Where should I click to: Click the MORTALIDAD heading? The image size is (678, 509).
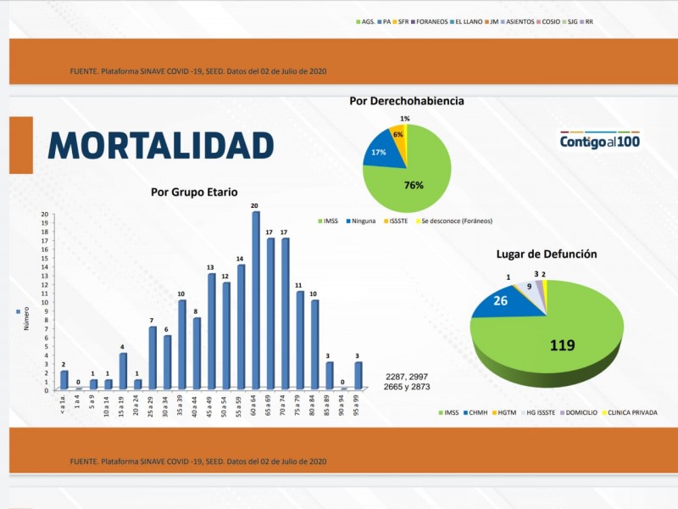[160, 145]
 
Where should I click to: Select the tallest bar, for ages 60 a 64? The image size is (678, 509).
[255, 301]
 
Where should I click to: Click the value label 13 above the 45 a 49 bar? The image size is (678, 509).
[210, 266]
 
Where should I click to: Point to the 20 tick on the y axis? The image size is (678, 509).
[45, 214]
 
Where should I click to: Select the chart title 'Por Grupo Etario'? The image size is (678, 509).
[194, 192]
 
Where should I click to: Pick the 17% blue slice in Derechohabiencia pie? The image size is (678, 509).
[378, 153]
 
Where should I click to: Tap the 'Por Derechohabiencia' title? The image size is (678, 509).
[406, 101]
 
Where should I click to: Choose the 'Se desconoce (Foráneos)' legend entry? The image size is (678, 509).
[458, 221]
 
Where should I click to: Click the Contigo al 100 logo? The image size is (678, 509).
[600, 141]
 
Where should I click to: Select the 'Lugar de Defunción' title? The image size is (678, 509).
[547, 254]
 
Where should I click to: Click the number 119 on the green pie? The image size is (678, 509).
[562, 345]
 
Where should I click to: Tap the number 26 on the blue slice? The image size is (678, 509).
[501, 300]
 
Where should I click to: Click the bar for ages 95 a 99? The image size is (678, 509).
[358, 376]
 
